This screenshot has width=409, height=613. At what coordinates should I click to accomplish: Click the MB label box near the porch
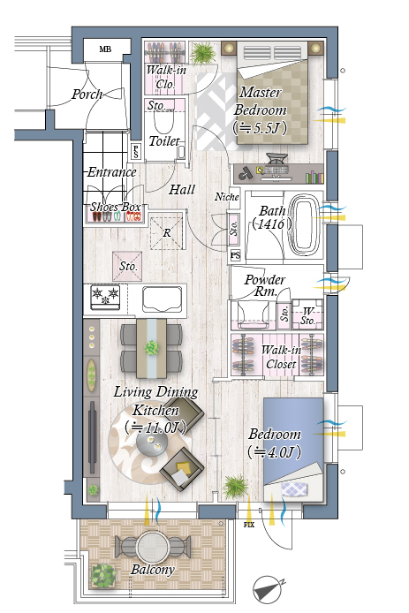(x=107, y=49)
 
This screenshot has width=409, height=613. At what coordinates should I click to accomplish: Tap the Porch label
(x=87, y=95)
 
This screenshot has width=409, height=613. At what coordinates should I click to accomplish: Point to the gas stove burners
(x=105, y=297)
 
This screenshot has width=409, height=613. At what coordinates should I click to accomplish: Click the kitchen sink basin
(x=163, y=299)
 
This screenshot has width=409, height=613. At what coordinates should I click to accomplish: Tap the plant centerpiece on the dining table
(x=151, y=347)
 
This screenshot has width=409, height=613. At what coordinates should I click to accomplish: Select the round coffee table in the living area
(x=152, y=443)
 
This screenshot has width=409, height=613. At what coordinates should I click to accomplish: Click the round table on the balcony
(x=153, y=547)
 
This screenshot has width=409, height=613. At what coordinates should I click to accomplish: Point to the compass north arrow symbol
(x=268, y=589)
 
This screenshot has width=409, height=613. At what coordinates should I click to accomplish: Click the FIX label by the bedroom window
(x=249, y=525)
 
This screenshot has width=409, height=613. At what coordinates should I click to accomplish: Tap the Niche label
(x=227, y=197)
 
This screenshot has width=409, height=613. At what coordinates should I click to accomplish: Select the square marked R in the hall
(x=167, y=232)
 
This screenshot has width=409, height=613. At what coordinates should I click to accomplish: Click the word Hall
(x=182, y=190)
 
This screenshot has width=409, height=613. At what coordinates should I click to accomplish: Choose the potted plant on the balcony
(x=103, y=576)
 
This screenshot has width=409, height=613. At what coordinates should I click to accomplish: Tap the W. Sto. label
(x=307, y=316)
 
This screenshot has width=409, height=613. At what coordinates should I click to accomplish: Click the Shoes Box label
(x=116, y=207)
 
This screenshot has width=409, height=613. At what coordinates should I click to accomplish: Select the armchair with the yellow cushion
(x=182, y=469)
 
